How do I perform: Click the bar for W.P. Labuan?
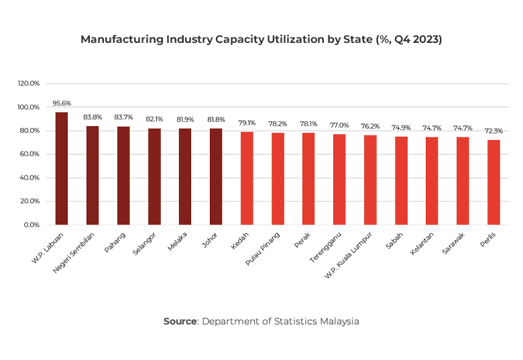(x=62, y=168)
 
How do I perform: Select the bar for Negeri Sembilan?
(x=93, y=176)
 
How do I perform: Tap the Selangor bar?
(x=154, y=176)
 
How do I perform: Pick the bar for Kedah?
(x=247, y=178)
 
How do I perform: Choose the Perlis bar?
(x=493, y=182)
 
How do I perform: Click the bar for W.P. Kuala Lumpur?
(x=370, y=180)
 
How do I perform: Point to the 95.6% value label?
(x=62, y=104)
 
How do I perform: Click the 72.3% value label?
(x=493, y=131)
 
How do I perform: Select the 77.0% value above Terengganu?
(x=339, y=125)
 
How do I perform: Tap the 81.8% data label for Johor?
(x=216, y=120)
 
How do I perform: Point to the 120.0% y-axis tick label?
(x=29, y=84)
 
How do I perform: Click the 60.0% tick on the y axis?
(x=30, y=154)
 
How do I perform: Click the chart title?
(x=261, y=40)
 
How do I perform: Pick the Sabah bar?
(x=401, y=180)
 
